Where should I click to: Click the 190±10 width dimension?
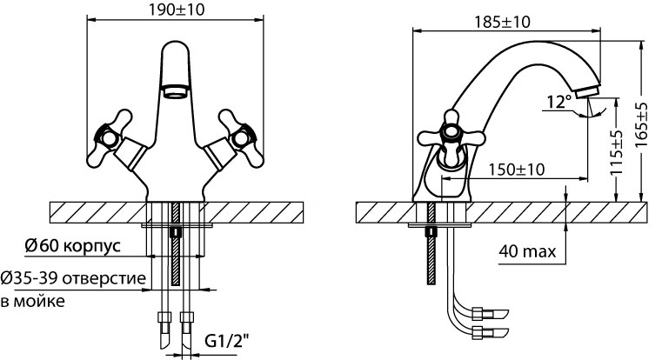click(177, 10)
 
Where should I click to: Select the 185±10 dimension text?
click(503, 22)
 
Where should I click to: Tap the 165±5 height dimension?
click(642, 125)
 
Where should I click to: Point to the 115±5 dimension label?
click(617, 152)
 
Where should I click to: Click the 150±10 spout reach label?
click(517, 170)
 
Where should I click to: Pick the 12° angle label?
click(559, 102)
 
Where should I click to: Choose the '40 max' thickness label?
click(527, 251)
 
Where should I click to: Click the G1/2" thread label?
click(227, 340)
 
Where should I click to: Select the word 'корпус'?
click(92, 246)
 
